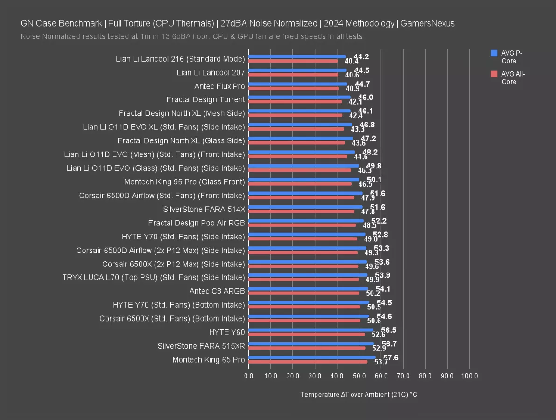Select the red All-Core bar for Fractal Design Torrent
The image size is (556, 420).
(x=295, y=101)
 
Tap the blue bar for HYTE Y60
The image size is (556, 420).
(x=311, y=330)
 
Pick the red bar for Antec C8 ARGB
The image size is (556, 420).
(x=304, y=293)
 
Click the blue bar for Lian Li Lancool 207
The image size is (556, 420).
(x=297, y=70)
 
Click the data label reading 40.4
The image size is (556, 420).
(x=352, y=61)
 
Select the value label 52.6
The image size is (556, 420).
(x=378, y=335)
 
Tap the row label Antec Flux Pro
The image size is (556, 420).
(x=219, y=86)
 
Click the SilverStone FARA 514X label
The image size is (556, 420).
(x=204, y=209)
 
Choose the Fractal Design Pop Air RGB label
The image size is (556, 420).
(x=197, y=223)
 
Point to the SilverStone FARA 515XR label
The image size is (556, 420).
(x=201, y=346)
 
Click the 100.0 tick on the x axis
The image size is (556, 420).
(x=469, y=376)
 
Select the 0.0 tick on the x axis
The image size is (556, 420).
(x=248, y=376)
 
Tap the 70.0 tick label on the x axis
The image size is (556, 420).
(x=403, y=376)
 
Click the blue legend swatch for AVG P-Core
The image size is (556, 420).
(x=494, y=54)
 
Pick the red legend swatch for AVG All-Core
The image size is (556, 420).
(x=494, y=74)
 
